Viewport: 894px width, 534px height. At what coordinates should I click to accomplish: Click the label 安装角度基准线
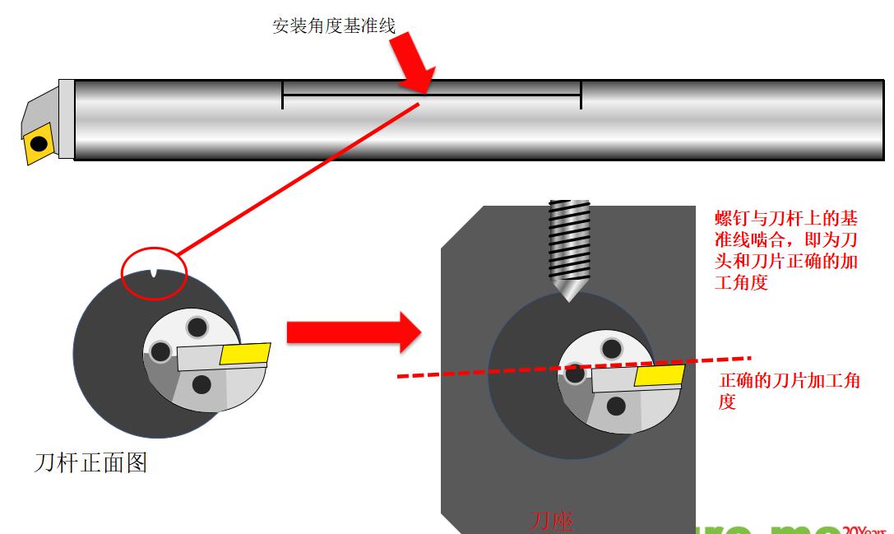point(334,26)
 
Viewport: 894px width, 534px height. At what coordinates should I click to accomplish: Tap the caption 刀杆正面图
point(90,462)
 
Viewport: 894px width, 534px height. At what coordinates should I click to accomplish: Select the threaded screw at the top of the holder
point(569,239)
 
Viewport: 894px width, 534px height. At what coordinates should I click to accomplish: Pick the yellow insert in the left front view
point(245,354)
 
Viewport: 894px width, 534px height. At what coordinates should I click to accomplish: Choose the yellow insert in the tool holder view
point(660,376)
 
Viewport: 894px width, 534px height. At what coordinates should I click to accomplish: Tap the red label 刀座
point(551,521)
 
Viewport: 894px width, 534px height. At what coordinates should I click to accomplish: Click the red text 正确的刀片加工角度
point(790,391)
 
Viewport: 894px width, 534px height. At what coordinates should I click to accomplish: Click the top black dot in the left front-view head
point(197,327)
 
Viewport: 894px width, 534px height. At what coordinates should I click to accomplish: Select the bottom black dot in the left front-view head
point(201,384)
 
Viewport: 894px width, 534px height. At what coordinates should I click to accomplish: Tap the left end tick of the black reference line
point(282,95)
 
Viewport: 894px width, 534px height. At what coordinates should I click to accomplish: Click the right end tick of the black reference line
point(581,95)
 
